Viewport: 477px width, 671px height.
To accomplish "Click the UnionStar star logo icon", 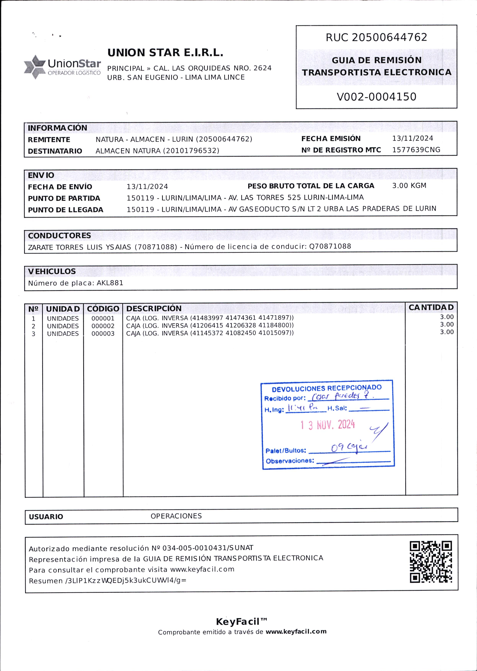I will [x=34, y=67].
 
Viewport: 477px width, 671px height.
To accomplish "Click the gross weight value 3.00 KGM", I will [x=409, y=186].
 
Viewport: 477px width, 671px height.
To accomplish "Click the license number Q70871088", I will [x=330, y=246].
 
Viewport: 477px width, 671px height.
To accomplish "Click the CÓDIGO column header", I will [x=103, y=309].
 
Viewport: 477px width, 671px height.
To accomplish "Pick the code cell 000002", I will [x=103, y=326].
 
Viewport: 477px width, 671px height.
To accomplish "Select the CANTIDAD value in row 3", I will [x=446, y=332].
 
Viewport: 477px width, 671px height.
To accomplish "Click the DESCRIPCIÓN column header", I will [x=154, y=308].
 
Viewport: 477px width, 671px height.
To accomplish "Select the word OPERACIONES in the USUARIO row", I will [x=176, y=516].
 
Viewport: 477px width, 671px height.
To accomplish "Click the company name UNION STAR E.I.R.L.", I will [x=165, y=53].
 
